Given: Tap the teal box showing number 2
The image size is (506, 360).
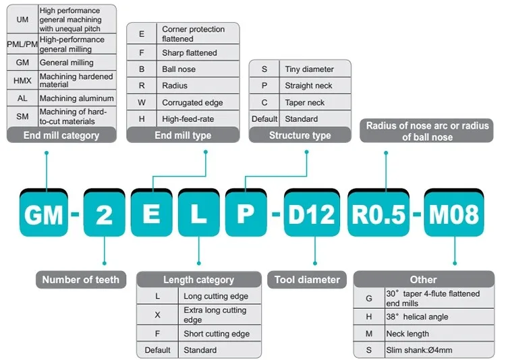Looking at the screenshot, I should pyautogui.click(x=105, y=214).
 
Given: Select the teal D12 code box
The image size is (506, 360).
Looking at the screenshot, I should pyautogui.click(x=311, y=214).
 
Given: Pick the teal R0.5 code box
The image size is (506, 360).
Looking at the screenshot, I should pyautogui.click(x=379, y=214).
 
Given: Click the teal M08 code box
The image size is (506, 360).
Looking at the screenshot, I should pyautogui.click(x=452, y=214).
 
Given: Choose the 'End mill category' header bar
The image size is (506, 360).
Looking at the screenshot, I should pyautogui.click(x=61, y=135).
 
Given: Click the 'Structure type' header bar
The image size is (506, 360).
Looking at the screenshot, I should pyautogui.click(x=300, y=135).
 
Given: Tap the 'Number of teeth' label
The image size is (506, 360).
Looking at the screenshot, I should pyautogui.click(x=81, y=279).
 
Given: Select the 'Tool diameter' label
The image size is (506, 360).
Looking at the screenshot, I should pyautogui.click(x=308, y=279).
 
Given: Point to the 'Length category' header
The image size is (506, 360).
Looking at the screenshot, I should pyautogui.click(x=198, y=279).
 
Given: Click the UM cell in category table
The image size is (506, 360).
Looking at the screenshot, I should pyautogui.click(x=22, y=20).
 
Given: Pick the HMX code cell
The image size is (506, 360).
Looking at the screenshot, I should pyautogui.click(x=22, y=80).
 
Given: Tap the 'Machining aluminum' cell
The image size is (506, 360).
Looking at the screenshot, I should pyautogui.click(x=76, y=98).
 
